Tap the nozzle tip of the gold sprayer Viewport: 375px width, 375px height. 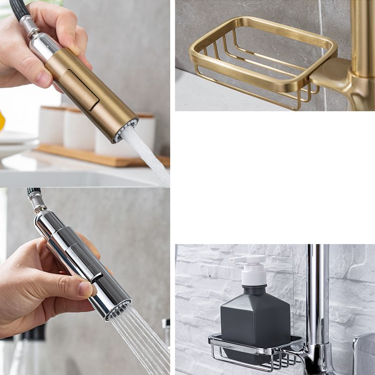[125, 130]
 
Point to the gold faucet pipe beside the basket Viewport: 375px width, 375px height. [362, 38]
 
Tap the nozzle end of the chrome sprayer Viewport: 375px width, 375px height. [118, 308]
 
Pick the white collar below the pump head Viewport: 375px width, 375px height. [254, 280]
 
